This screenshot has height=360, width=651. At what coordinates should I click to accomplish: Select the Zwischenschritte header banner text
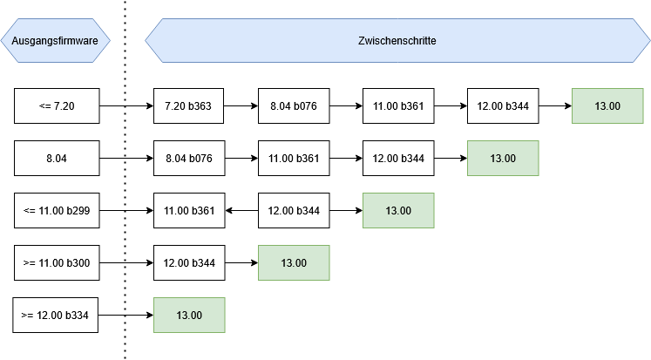pos(397,41)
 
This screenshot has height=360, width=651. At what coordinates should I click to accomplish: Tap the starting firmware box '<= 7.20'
pos(57,106)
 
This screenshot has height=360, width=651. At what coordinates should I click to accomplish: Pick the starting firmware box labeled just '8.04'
pos(57,159)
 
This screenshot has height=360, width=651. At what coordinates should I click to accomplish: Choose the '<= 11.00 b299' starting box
pos(57,211)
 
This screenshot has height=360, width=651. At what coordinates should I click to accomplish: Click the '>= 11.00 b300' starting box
pos(57,263)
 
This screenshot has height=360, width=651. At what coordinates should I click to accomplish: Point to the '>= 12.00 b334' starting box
pos(57,316)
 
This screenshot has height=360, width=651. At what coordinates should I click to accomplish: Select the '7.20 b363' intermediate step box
pos(188,106)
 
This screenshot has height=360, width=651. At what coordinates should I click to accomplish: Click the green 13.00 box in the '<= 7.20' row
pos(607,106)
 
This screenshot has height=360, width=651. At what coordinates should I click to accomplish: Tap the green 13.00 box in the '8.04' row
pos(503,159)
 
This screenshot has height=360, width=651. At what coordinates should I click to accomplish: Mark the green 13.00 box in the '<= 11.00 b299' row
pos(398,211)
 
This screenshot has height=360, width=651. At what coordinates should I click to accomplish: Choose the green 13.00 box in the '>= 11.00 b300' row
pos(294,263)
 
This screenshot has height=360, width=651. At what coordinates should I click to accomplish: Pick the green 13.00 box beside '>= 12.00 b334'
pos(189,316)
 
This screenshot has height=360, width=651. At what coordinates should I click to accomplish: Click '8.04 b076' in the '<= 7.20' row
pos(294,106)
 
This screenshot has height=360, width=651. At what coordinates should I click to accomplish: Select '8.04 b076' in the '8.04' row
pos(188,159)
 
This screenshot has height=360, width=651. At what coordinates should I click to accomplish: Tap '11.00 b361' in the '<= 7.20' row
pos(398,106)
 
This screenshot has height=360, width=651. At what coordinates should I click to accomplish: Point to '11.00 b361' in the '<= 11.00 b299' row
pos(188,211)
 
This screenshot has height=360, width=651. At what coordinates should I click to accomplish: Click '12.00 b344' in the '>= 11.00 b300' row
pos(188,263)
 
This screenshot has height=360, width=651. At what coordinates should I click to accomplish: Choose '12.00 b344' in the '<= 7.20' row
pos(503,106)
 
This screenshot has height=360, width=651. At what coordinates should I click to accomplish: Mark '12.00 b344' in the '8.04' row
pos(398,159)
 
